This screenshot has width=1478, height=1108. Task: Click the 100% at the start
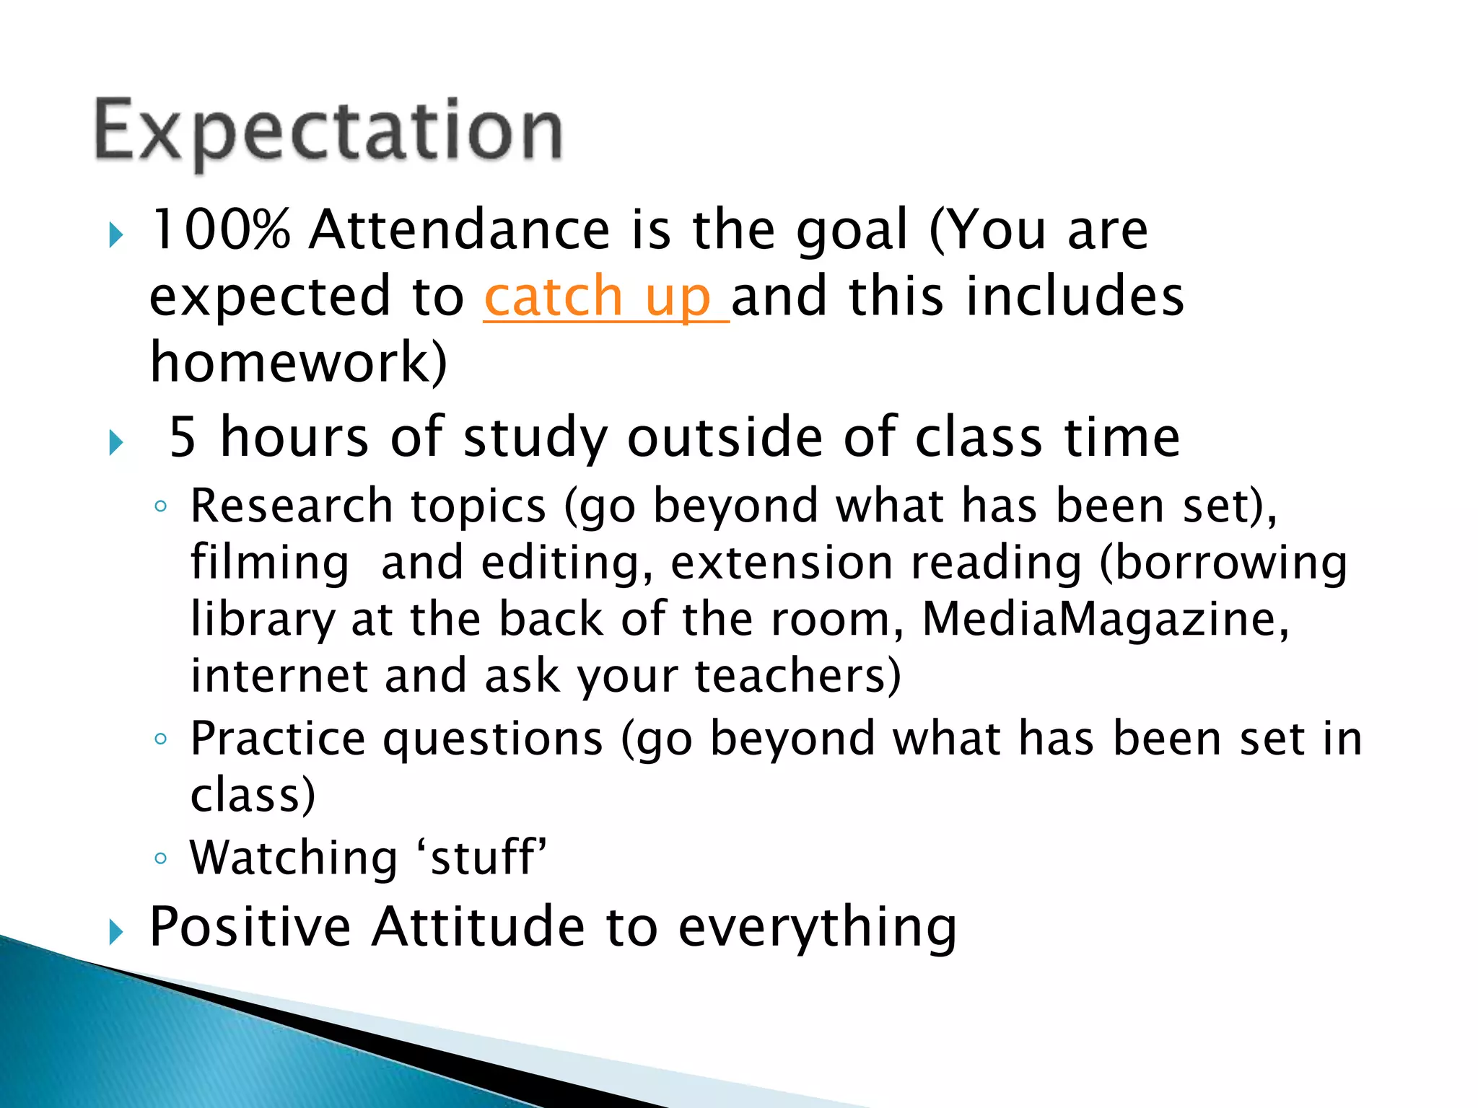click(x=220, y=230)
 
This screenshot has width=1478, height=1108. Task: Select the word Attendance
click(x=460, y=230)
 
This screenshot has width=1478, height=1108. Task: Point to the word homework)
click(x=298, y=362)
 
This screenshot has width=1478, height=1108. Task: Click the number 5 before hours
click(x=183, y=437)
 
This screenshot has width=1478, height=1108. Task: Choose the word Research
click(x=292, y=506)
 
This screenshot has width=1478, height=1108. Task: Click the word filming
click(x=270, y=563)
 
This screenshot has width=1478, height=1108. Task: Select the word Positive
click(x=250, y=926)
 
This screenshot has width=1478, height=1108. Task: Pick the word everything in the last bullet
click(x=817, y=928)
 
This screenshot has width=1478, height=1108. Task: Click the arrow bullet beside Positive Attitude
click(x=116, y=931)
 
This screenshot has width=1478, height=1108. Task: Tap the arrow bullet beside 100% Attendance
click(x=116, y=235)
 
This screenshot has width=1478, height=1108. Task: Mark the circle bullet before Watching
click(x=161, y=858)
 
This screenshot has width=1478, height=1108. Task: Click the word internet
click(x=279, y=676)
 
